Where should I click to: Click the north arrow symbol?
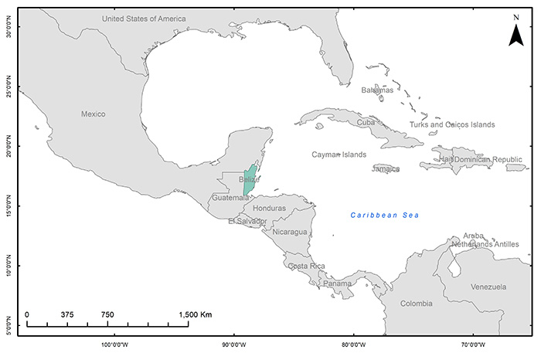point(515,33)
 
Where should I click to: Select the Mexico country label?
point(93,114)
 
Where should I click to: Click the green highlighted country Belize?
point(249,180)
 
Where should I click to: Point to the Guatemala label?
point(230,198)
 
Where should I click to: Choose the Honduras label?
point(269,209)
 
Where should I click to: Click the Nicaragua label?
point(290,232)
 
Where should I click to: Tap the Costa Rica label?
point(306,266)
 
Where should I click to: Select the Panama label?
point(337,284)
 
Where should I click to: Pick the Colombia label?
point(417,304)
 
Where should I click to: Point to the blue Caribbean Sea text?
point(383,215)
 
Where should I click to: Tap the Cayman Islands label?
point(339,155)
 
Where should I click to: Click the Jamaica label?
point(386,169)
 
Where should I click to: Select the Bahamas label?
point(377,90)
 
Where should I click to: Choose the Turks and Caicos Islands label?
point(452,124)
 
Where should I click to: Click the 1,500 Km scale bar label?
point(195,314)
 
